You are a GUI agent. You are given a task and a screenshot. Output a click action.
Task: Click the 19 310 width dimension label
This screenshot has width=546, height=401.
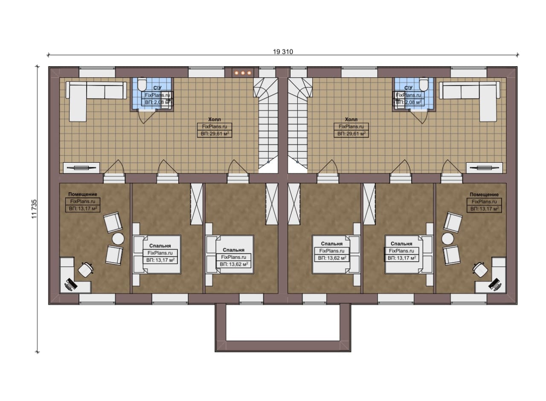pyautogui.click(x=283, y=52)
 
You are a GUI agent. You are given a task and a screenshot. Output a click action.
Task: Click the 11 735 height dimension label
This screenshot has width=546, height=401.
pyautogui.click(x=35, y=209)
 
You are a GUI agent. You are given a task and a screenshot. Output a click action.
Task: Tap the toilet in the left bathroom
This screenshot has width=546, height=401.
pyautogui.click(x=142, y=84)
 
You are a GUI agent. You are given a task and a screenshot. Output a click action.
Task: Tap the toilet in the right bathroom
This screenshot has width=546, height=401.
pyautogui.click(x=424, y=84)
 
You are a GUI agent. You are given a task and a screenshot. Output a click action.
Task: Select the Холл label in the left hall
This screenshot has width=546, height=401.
pyautogui.click(x=215, y=119)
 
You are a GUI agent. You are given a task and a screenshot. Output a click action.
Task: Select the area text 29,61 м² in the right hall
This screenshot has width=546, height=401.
pyautogui.click(x=351, y=134)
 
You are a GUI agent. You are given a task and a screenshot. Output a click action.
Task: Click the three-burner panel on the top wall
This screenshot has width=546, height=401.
pyautogui.click(x=243, y=73)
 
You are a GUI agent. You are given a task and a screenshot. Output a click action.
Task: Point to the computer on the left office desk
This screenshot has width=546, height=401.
pyautogui.click(x=71, y=284)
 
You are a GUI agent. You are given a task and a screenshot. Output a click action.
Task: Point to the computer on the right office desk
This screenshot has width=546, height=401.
pyautogui.click(x=495, y=284)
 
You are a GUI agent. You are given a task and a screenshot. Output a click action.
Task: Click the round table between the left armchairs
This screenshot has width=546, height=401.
pyautogui.click(x=118, y=239)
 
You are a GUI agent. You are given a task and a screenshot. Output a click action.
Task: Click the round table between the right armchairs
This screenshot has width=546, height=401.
pyautogui.click(x=447, y=239)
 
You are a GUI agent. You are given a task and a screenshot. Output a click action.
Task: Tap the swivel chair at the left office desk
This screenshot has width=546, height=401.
pyautogui.click(x=86, y=270)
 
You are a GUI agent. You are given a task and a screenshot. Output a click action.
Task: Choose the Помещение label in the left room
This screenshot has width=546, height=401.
pyautogui.click(x=83, y=194)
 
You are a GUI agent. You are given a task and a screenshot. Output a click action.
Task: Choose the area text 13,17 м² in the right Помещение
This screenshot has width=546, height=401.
pyautogui.click(x=484, y=209)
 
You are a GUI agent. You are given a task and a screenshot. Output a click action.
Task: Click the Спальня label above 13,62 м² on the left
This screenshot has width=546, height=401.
pyautogui.click(x=233, y=250)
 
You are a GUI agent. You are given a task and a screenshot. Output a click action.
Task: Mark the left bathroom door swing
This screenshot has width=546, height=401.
pyautogui.click(x=147, y=117)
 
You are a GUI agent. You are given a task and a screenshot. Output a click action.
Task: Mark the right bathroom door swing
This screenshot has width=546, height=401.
pyautogui.click(x=419, y=117)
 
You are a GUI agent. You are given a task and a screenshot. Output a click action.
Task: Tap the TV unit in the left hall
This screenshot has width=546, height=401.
pyautogui.click(x=81, y=168)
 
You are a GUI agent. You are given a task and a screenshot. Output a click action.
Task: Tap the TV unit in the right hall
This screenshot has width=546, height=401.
pyautogui.click(x=485, y=168)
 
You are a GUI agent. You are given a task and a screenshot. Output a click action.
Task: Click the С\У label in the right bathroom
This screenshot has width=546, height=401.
pyautogui.click(x=408, y=88)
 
